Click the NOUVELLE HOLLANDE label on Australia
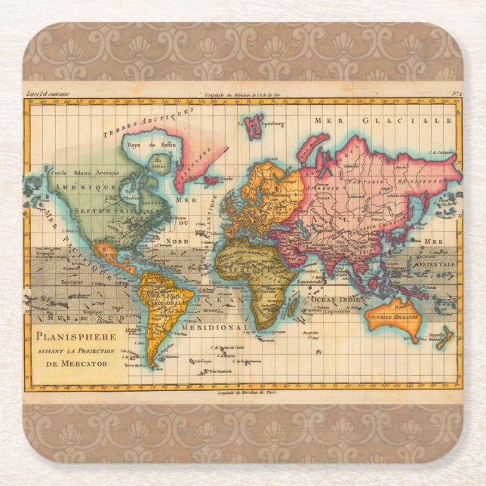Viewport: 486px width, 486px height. pyautogui.click(x=392, y=318)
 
